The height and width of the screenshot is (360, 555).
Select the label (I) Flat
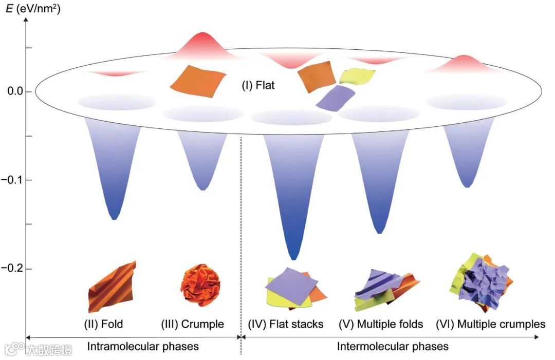[258, 85]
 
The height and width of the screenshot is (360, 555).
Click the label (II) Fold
[104, 324]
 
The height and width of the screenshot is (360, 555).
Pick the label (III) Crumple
[193, 324]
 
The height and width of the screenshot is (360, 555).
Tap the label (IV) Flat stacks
[286, 324]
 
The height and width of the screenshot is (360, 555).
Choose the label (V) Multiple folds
[381, 324]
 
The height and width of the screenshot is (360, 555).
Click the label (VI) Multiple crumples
[490, 324]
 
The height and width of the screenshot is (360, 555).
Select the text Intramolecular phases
[143, 347]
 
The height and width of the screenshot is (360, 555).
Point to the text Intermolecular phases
[393, 347]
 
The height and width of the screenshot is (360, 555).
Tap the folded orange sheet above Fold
[111, 287]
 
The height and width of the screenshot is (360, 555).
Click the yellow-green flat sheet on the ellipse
[357, 77]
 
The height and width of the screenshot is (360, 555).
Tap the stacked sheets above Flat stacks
[294, 288]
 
